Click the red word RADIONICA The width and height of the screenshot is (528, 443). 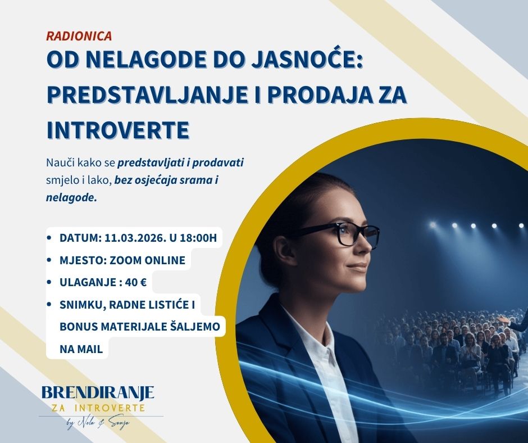[79, 36]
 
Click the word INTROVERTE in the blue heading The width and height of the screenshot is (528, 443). [117, 129]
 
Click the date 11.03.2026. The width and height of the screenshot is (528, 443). [133, 238]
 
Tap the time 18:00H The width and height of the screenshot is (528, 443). [197, 238]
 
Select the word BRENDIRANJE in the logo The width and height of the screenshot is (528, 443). [98, 392]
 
